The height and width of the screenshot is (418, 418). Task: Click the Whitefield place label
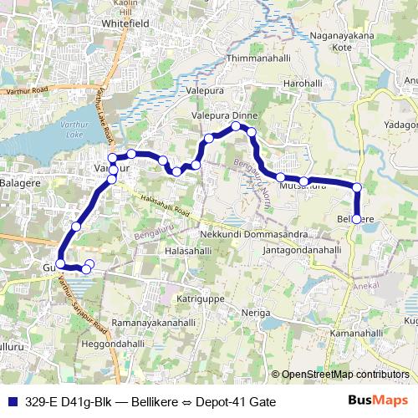coord(124,24)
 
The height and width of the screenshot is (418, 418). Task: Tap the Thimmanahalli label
coord(260,59)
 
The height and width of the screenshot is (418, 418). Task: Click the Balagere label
coord(21,182)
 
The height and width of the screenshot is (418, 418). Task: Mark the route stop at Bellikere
coord(357,219)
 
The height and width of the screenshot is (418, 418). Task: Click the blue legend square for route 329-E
coord(10,401)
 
